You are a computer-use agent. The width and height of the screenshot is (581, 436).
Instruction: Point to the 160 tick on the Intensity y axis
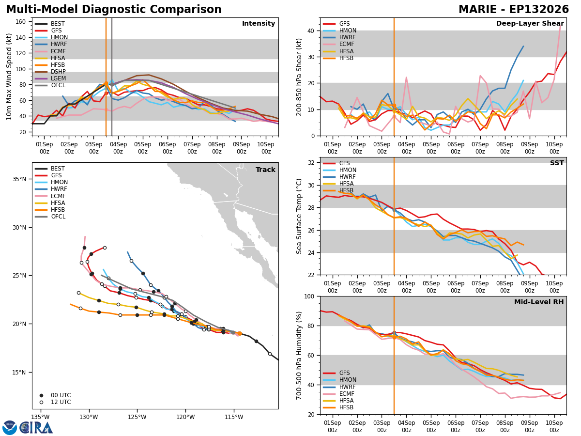click(21, 22)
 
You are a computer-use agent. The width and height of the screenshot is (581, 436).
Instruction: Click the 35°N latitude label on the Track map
click(19, 179)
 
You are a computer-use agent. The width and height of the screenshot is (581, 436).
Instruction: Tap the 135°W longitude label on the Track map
click(41, 417)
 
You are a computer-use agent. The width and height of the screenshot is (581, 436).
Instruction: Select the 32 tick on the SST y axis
click(311, 163)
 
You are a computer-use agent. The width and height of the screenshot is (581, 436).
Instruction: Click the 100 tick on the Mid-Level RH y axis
click(309, 296)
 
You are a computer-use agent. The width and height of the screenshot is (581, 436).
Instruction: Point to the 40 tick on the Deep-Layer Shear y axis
click(311, 31)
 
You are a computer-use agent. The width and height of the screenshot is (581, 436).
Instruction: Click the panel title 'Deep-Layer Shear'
click(530, 24)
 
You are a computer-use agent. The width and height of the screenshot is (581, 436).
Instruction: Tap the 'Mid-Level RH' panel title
click(539, 302)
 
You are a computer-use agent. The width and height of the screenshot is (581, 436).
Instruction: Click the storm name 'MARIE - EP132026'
click(514, 10)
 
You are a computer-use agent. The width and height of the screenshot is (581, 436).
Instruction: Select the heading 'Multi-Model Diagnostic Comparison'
click(114, 10)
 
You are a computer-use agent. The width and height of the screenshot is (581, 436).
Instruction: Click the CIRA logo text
click(36, 428)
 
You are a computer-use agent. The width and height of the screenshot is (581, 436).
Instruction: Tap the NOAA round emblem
click(10, 428)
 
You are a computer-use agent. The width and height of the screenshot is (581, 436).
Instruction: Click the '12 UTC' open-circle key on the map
click(41, 402)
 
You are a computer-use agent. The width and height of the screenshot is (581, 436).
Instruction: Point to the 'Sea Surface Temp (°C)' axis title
click(299, 216)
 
